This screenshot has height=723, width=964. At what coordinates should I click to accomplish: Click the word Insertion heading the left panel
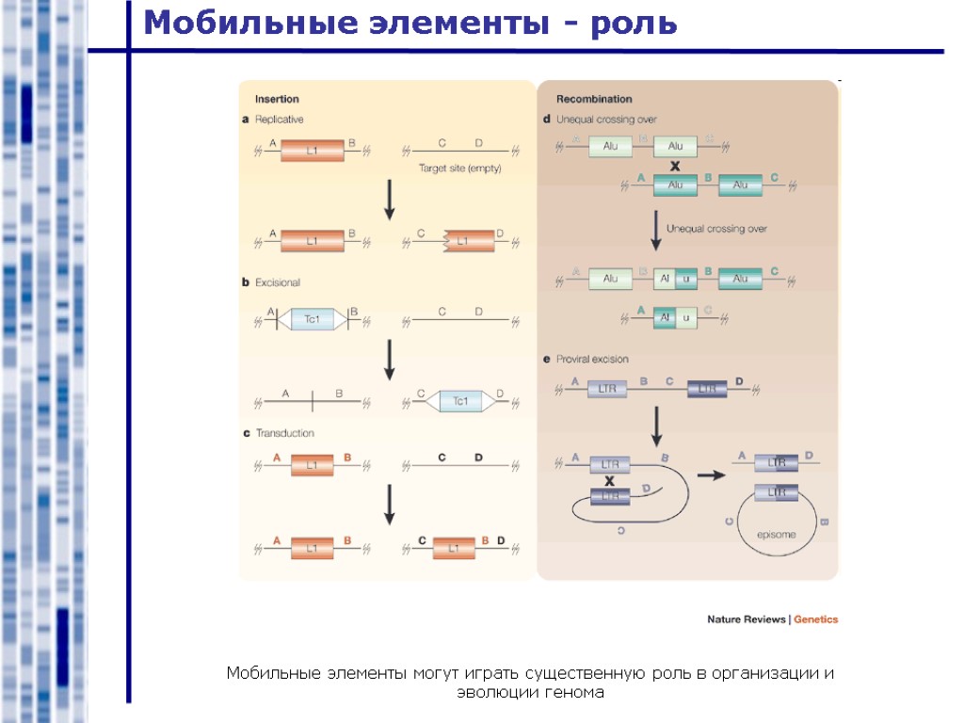coord(278,99)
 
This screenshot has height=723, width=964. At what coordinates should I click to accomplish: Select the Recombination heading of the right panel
coord(594,99)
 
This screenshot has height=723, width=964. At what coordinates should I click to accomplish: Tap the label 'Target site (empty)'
coord(459,169)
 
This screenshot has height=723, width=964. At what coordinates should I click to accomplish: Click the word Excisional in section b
coord(278,281)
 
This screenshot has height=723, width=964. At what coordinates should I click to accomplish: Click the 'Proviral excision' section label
coord(592,359)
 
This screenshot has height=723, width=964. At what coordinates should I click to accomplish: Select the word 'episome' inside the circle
coord(777,534)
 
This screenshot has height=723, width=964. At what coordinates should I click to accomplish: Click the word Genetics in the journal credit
coord(815,619)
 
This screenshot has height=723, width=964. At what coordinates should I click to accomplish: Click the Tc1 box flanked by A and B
coord(313,320)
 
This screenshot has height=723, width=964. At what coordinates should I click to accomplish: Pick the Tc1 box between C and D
coord(460,402)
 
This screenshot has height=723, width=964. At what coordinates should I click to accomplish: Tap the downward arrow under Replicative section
coord(388,201)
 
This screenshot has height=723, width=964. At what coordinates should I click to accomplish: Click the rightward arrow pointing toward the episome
coord(712,475)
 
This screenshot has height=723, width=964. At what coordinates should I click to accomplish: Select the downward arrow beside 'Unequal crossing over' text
coord(656,230)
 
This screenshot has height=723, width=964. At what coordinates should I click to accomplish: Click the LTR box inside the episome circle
coord(777,492)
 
